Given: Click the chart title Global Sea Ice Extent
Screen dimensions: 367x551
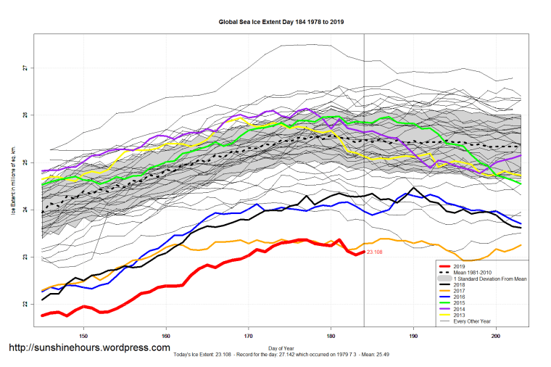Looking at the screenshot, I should [x=281, y=22].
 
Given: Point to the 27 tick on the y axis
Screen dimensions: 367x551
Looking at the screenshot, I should [x=25, y=68].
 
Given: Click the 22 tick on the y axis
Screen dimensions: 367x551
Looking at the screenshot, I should [x=25, y=305].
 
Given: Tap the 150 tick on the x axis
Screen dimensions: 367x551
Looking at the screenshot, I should [x=83, y=336].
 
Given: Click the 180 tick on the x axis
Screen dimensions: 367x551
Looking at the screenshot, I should [x=331, y=336].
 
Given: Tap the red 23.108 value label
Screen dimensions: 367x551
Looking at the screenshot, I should [x=376, y=252].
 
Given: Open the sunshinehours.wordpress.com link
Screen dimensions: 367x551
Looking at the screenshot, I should [x=89, y=348].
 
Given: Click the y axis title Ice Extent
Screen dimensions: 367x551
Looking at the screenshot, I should [x=13, y=181].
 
